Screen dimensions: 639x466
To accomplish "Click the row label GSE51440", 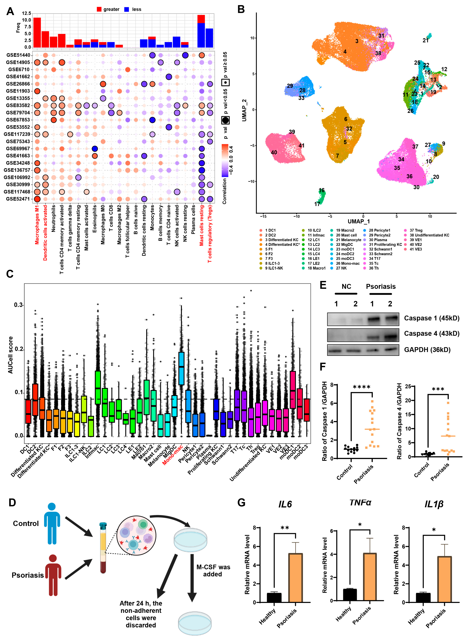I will (x=18, y=55).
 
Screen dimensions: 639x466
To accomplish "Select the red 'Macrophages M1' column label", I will (x=37, y=225).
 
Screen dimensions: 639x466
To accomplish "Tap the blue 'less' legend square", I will (x=127, y=9).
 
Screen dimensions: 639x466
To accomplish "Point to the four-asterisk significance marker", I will (x=362, y=387).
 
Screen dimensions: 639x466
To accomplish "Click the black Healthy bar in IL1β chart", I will (x=423, y=598).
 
